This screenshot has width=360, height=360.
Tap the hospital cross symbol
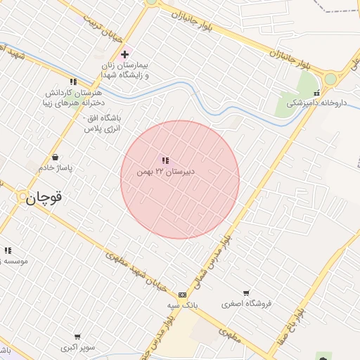124,54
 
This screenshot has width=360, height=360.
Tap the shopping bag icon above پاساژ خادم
55,157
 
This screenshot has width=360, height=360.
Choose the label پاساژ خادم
56,168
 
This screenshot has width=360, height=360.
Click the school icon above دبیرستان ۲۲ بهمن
165,161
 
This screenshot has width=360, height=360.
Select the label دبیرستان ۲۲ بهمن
166,172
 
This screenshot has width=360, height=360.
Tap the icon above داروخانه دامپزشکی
316,92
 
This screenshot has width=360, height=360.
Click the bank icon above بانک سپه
183,295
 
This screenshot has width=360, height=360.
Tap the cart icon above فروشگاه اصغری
246,293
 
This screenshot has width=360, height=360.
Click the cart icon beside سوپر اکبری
76,337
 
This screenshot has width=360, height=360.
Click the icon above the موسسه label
8,250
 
